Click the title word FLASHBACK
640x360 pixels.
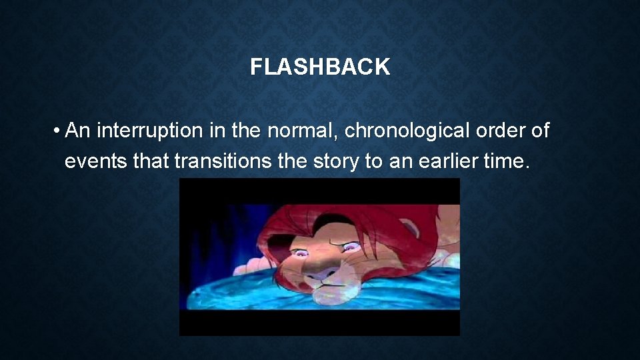pyautogui.click(x=320, y=67)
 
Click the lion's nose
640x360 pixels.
pyautogui.click(x=323, y=271)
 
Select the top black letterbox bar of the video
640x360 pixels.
pyautogui.click(x=319, y=190)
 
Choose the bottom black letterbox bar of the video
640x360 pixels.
pyautogui.click(x=319, y=323)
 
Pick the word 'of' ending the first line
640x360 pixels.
pyautogui.click(x=541, y=131)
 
